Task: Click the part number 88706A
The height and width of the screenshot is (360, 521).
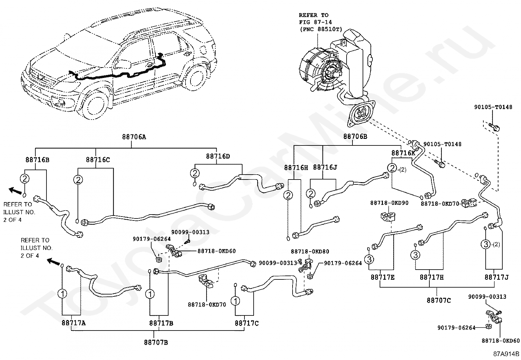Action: point(134,137)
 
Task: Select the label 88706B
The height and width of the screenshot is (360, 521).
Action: point(355,137)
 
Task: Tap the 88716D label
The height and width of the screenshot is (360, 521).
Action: point(218,156)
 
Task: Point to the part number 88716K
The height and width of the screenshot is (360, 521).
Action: point(403,153)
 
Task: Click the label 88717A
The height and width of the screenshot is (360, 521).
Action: point(74,323)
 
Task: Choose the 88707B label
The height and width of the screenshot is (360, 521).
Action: point(156,343)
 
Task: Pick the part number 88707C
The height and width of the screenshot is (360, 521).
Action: point(439,301)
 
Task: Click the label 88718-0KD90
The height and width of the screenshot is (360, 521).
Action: point(389,203)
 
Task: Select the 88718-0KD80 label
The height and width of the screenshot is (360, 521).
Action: point(310,252)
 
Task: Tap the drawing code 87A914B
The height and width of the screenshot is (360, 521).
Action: point(506,354)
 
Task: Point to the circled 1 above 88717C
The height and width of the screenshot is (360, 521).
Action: point(236,301)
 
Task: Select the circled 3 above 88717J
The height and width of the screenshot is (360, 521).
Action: point(486,244)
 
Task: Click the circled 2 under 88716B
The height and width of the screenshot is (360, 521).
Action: point(25,179)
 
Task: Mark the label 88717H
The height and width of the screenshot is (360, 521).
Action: point(432,277)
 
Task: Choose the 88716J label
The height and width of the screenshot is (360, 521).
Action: point(325,167)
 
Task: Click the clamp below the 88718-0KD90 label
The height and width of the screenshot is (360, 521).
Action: point(388,217)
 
